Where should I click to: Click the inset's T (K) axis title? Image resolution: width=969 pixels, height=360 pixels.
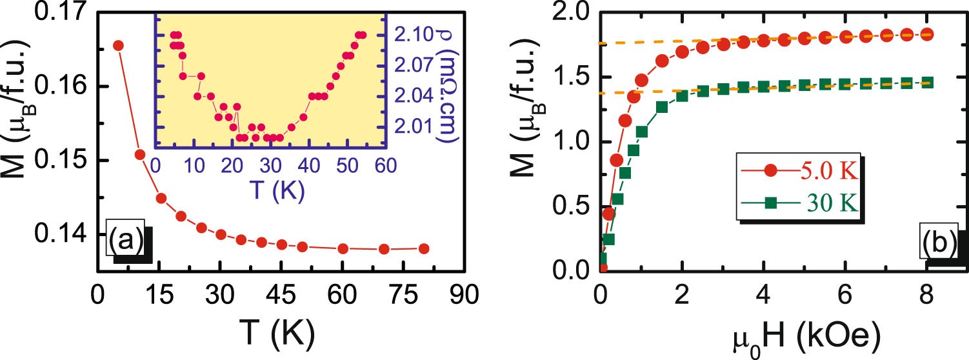tap(270, 190)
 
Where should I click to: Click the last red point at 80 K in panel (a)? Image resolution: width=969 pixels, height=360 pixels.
tap(424, 248)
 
